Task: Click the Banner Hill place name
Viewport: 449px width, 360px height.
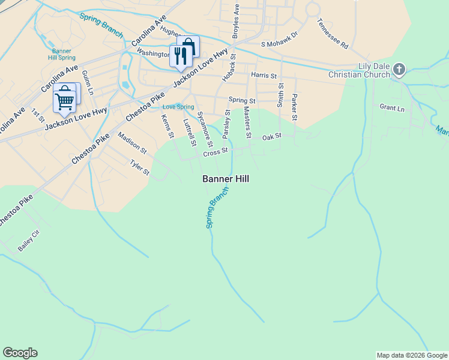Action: coord(226,179)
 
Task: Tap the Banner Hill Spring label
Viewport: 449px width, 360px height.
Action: coord(63,55)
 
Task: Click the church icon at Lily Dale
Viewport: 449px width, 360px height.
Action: coord(399,70)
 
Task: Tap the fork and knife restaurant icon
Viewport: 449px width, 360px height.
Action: coord(180,56)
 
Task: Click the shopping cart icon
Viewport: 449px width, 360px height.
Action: coord(64,98)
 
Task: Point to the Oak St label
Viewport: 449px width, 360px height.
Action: coord(272,137)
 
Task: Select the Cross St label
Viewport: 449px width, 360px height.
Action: coord(215,153)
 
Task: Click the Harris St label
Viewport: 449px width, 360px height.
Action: coord(264,76)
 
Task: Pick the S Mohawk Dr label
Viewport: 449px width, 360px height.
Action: coord(280,44)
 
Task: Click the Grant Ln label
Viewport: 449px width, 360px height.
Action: coord(392,109)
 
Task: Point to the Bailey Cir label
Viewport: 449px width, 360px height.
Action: coord(28,247)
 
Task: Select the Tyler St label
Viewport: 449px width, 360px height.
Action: coord(140,167)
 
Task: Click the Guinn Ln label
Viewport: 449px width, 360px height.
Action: coord(87,82)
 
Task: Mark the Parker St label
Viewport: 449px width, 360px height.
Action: coord(294,106)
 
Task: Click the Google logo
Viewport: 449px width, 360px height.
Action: coord(20,353)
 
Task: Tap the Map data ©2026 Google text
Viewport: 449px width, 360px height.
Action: coord(412,355)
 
